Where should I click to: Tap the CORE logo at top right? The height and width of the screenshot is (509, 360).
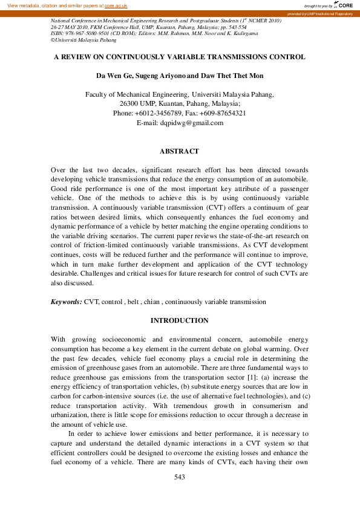pyautogui.click(x=344, y=5)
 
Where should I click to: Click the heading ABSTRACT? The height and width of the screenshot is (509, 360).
pyautogui.click(x=179, y=151)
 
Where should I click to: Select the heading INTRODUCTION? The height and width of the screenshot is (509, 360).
pyautogui.click(x=179, y=320)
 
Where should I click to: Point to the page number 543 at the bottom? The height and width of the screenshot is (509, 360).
pyautogui.click(x=179, y=477)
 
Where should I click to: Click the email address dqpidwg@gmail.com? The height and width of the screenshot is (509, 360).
pyautogui.click(x=193, y=123)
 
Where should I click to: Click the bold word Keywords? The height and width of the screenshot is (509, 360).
pyautogui.click(x=66, y=301)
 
